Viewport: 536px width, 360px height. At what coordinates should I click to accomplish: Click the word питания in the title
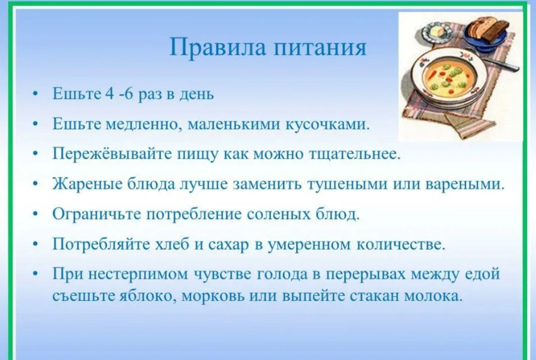[320, 48]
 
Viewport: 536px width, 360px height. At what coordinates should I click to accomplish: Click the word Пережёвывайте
[112, 154]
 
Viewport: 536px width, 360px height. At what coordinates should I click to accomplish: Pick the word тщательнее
[354, 154]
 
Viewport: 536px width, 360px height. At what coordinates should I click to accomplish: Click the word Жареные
[87, 184]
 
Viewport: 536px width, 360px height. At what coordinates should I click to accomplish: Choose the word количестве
[401, 244]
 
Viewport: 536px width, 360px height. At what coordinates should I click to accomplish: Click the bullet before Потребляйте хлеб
[36, 244]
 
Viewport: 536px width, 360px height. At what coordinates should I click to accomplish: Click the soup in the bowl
[449, 78]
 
